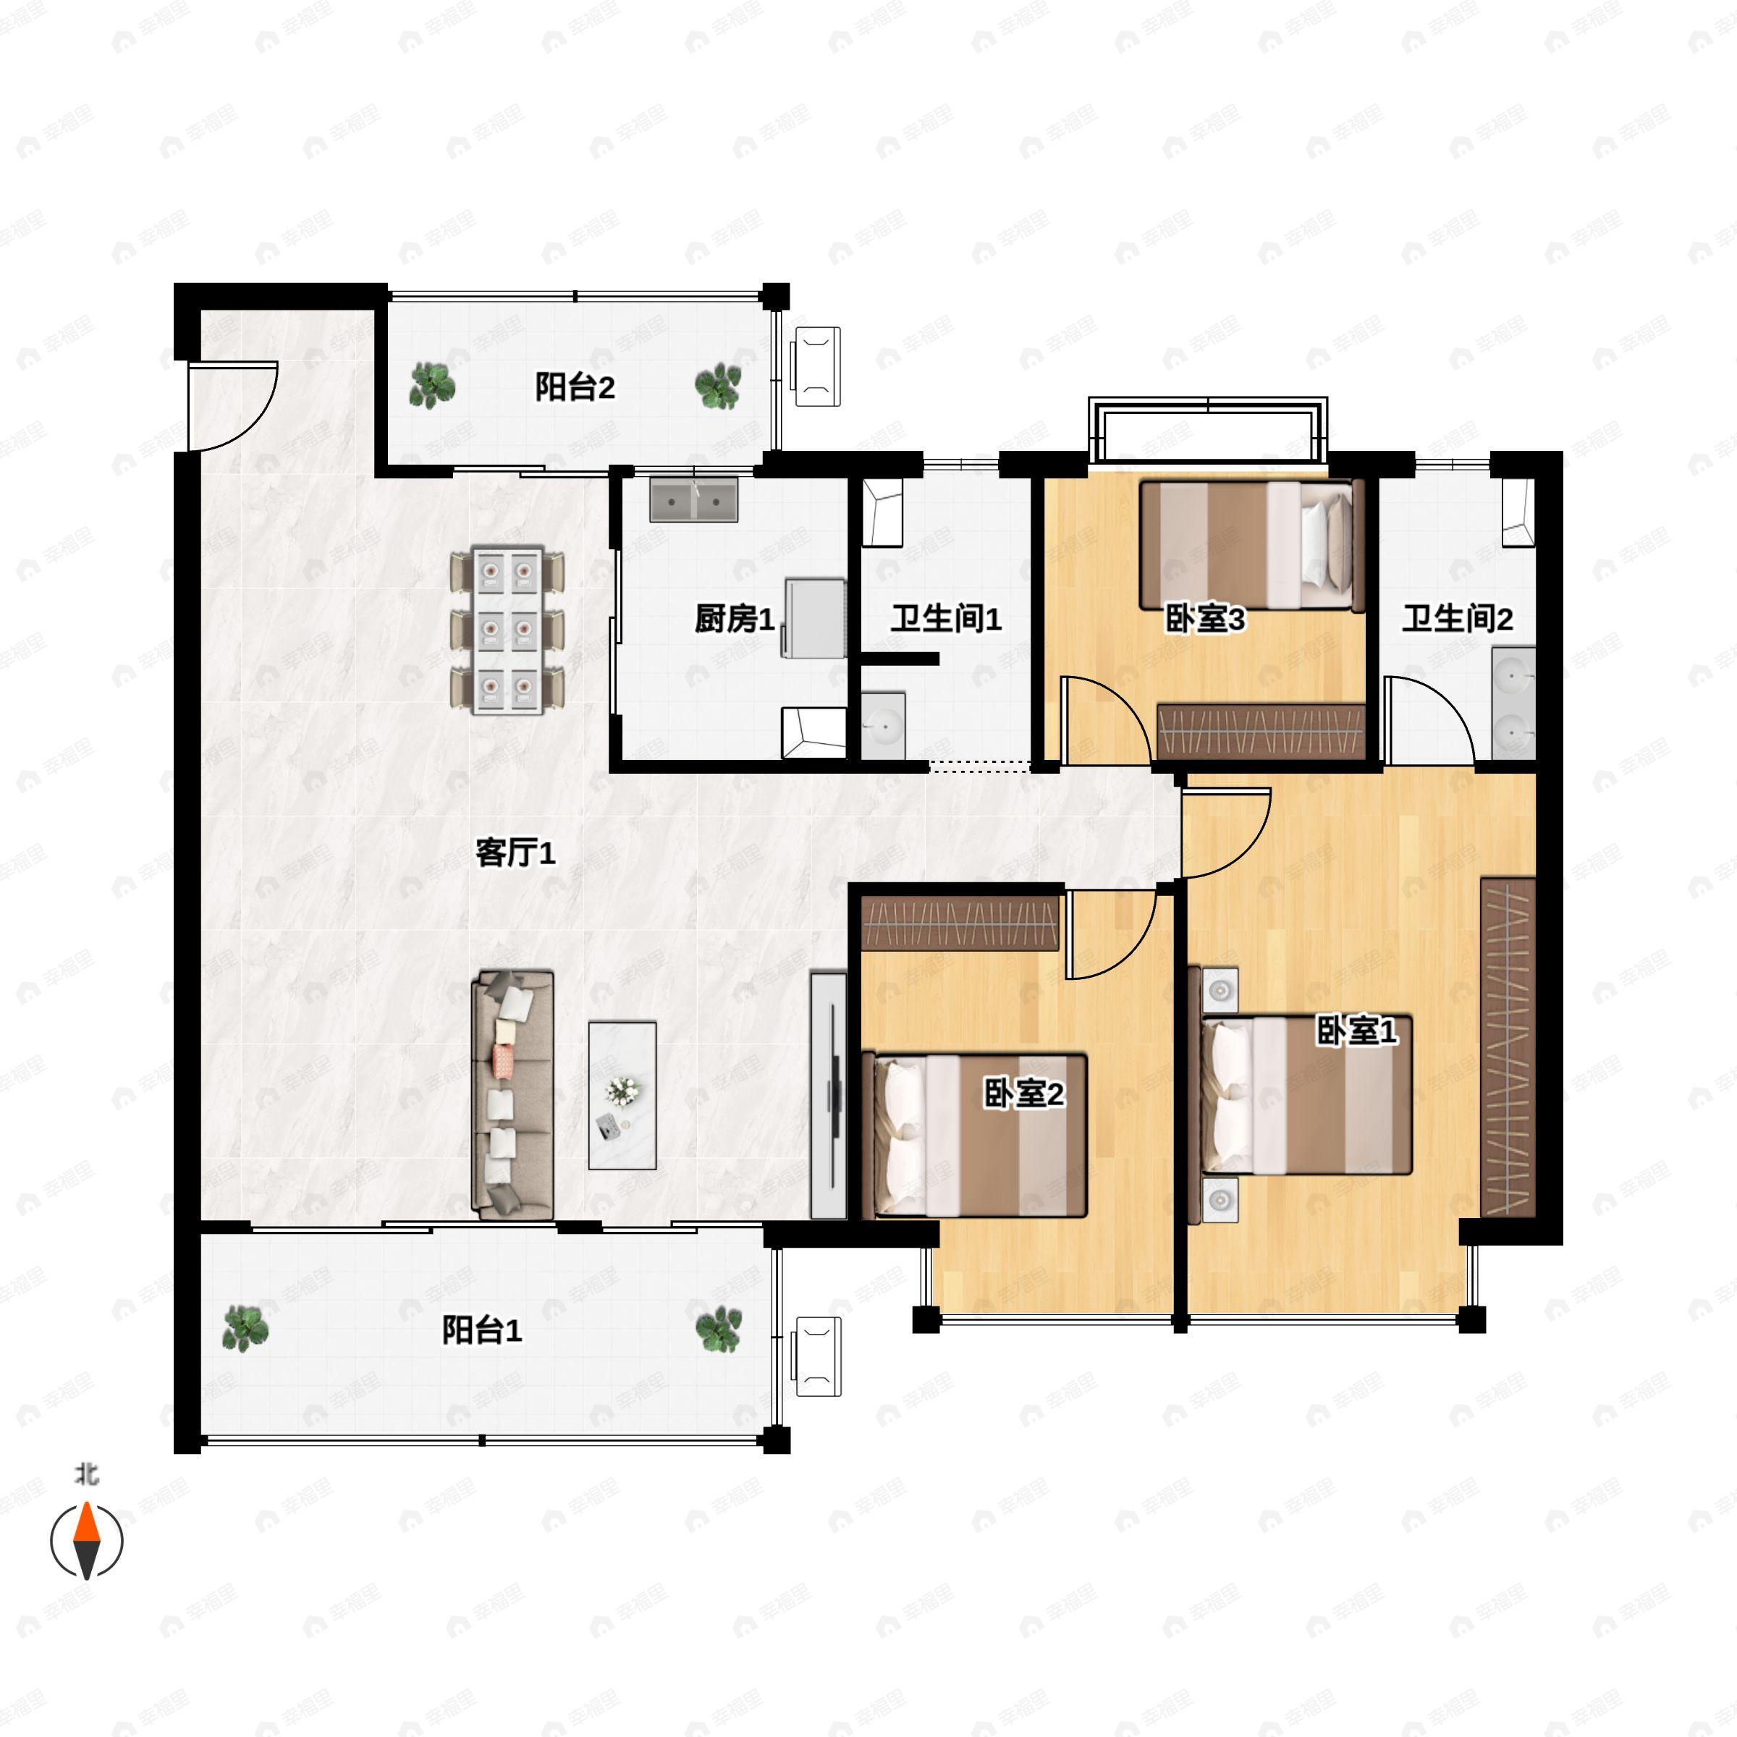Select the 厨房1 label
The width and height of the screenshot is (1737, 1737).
(x=734, y=619)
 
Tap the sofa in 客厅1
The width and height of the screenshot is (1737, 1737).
(x=512, y=1094)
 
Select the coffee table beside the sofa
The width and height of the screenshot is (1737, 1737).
(x=622, y=1094)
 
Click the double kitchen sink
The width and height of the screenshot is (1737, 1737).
(x=693, y=500)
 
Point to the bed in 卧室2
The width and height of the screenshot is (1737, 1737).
(x=976, y=1136)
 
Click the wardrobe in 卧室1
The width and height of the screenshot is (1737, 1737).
(x=1507, y=1047)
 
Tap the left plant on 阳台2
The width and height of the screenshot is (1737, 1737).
(x=433, y=386)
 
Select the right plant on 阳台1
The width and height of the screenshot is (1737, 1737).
(x=719, y=1329)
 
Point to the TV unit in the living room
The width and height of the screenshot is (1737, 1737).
(x=828, y=1094)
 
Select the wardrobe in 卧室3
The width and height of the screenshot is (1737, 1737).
(x=1261, y=731)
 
